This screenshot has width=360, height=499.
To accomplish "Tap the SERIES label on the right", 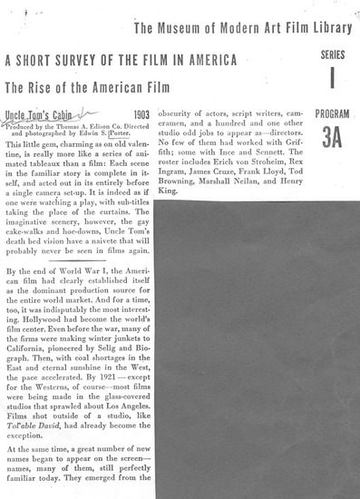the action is (332, 54).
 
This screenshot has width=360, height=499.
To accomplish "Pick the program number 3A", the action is (331, 138).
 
